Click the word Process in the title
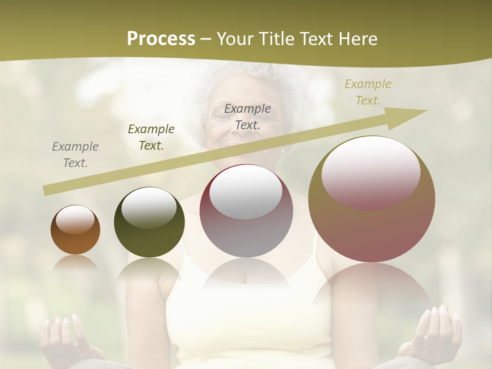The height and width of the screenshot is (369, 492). click(161, 39)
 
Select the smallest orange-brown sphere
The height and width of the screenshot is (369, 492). click(75, 230)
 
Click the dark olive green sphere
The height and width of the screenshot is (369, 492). click(149, 222)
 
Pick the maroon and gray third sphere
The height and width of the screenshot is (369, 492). click(246, 211)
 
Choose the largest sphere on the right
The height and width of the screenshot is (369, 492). click(372, 199)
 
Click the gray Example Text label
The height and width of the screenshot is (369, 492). click(75, 155)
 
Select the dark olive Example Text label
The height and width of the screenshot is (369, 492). click(151, 137)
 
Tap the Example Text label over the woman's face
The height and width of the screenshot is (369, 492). click(248, 116)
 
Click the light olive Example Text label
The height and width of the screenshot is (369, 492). click(367, 92)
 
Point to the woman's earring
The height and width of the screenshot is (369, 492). click(283, 151)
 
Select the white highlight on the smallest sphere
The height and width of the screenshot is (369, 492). click(75, 219)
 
